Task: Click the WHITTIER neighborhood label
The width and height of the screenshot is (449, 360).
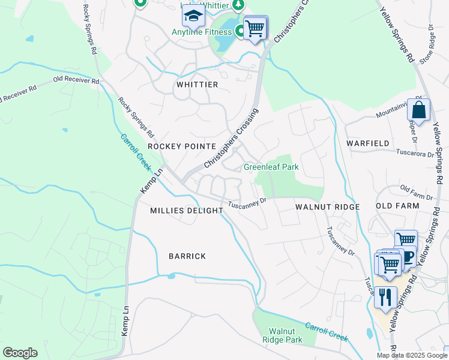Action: point(197,85)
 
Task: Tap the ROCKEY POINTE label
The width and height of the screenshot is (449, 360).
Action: point(182,146)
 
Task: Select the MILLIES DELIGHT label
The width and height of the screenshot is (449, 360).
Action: point(187,211)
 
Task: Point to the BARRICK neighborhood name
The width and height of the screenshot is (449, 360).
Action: point(187,256)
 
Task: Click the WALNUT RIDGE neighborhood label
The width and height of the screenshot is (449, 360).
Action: point(327,207)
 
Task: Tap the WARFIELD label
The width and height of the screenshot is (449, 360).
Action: point(368,143)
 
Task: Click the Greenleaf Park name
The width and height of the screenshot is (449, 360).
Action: point(271,167)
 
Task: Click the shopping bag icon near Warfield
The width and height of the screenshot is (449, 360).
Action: point(418,110)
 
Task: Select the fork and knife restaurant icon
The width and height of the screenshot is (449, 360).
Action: point(385,297)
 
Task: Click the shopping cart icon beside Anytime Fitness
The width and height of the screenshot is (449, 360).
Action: point(255,28)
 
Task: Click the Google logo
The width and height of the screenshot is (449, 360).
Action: point(20,352)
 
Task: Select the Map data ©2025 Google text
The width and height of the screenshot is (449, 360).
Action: point(411,355)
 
